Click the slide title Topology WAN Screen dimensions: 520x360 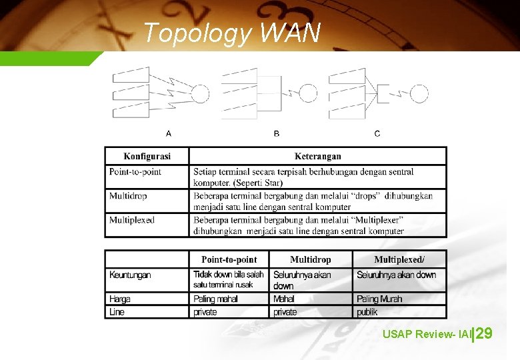231,32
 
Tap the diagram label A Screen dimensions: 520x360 169,133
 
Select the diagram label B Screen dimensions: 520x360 277,133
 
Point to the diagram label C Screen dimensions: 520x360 377,133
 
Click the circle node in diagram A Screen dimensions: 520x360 200,94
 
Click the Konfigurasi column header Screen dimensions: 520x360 147,157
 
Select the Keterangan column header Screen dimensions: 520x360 318,157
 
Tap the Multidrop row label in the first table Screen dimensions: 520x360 128,196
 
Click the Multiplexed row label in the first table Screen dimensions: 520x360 132,220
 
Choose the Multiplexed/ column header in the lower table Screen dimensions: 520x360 399,259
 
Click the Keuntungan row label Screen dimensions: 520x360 130,275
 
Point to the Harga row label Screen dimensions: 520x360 120,299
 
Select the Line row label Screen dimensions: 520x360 117,311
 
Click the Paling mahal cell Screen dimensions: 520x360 215,299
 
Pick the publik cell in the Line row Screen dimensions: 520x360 367,311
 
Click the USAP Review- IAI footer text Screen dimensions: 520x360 426,333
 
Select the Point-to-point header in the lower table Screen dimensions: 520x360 229,259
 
